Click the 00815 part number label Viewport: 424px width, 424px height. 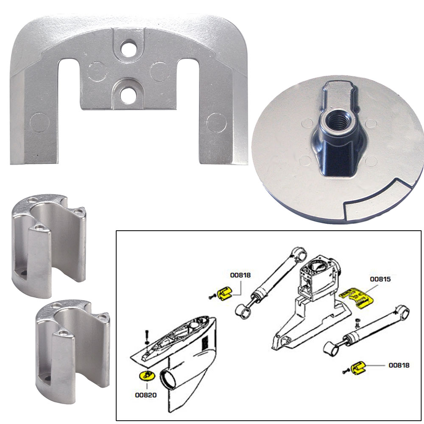coord(380,279)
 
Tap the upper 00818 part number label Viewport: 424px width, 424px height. coord(240,275)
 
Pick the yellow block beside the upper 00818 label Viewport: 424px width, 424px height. coord(225,293)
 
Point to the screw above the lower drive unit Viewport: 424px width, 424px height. coord(146,335)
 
